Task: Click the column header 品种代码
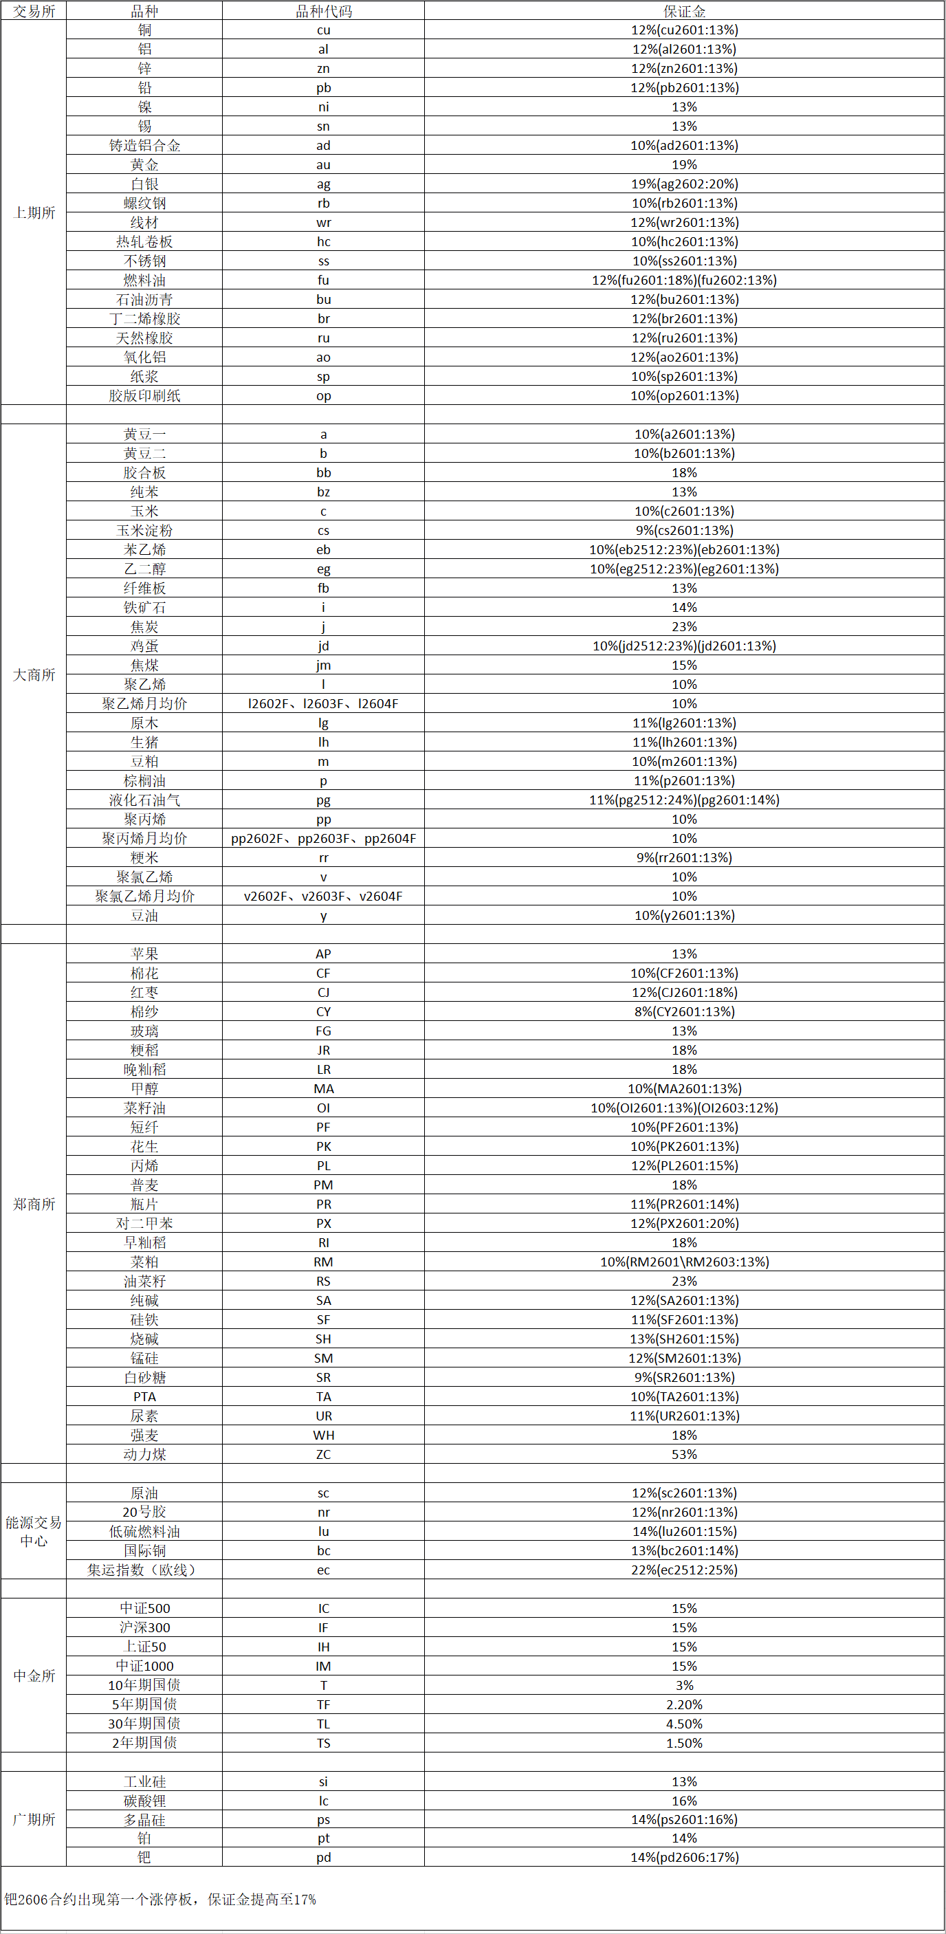coord(323,10)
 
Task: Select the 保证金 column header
coord(684,10)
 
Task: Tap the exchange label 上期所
coord(34,212)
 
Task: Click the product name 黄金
coord(144,164)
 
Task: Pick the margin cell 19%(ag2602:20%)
coord(684,184)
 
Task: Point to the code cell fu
coord(323,280)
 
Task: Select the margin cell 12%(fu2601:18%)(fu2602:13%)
coord(684,280)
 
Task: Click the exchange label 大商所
coord(34,675)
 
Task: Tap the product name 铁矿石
coord(144,607)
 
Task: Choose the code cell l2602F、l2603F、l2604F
coord(323,703)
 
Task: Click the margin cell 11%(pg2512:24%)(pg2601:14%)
coord(684,800)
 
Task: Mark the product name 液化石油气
coord(144,800)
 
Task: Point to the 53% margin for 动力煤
coord(684,1454)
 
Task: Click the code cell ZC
coord(323,1454)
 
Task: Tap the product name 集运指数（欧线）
coord(144,1570)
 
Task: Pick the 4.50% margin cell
coord(684,1724)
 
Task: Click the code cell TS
coord(323,1744)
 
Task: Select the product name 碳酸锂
coord(144,1801)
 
